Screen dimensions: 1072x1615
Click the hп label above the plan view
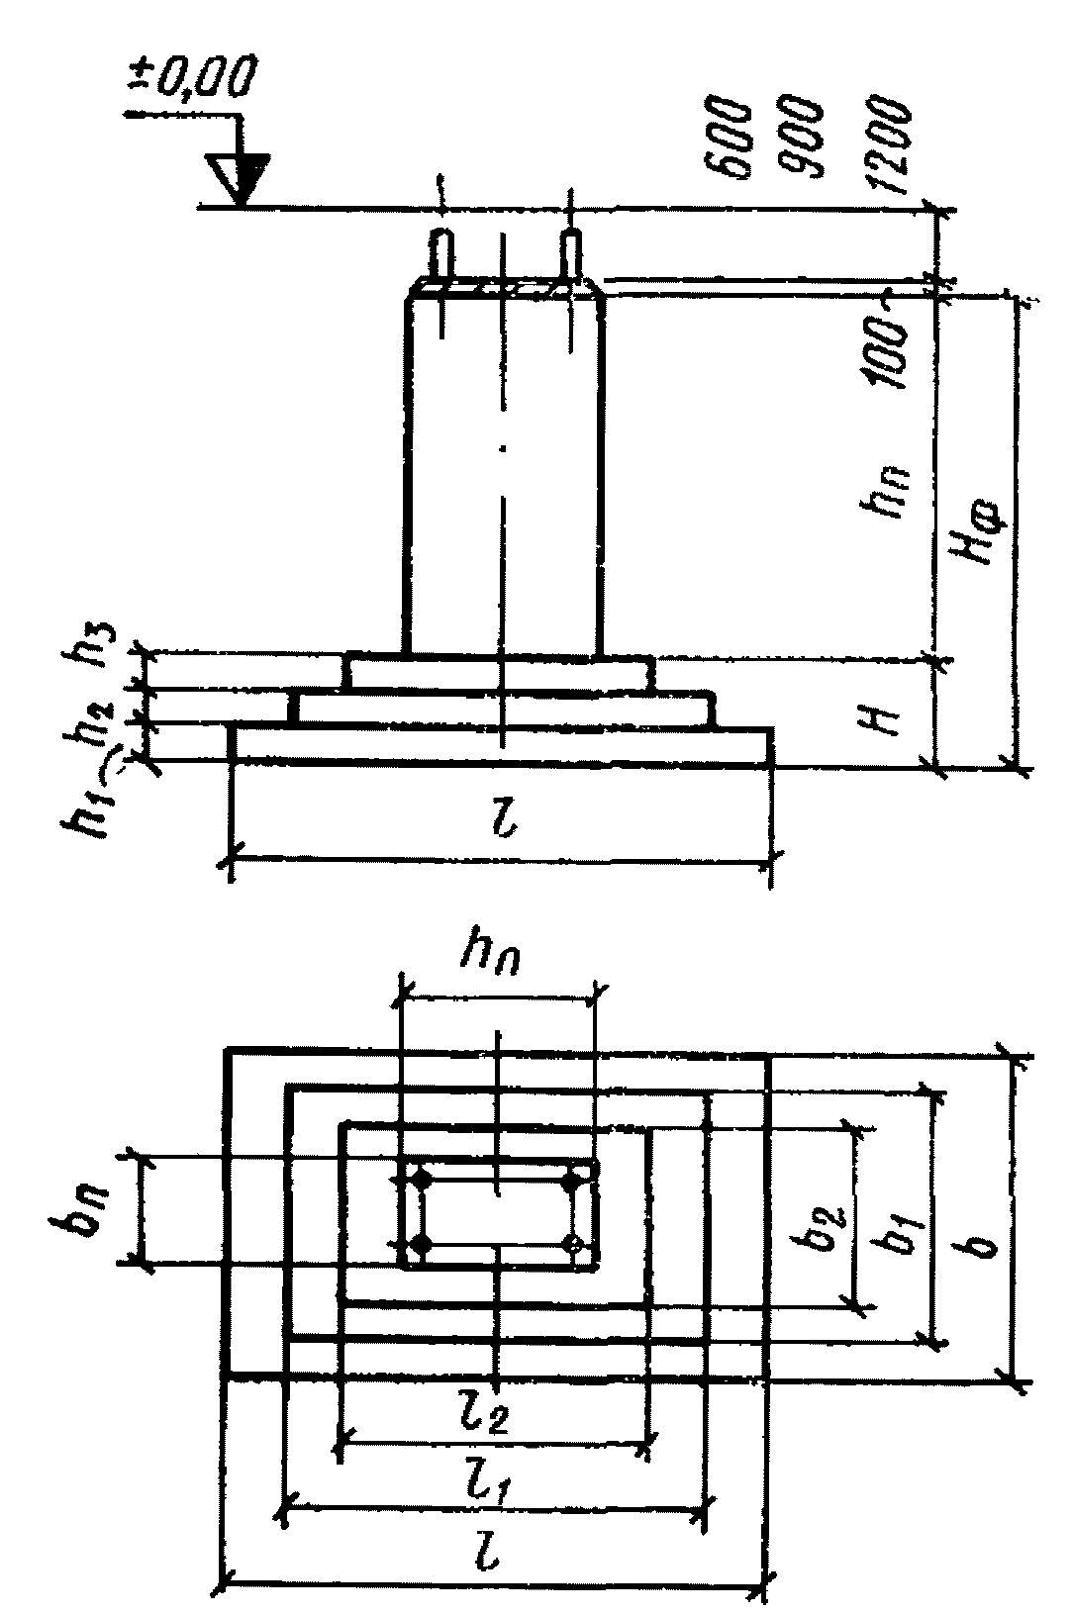496,958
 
